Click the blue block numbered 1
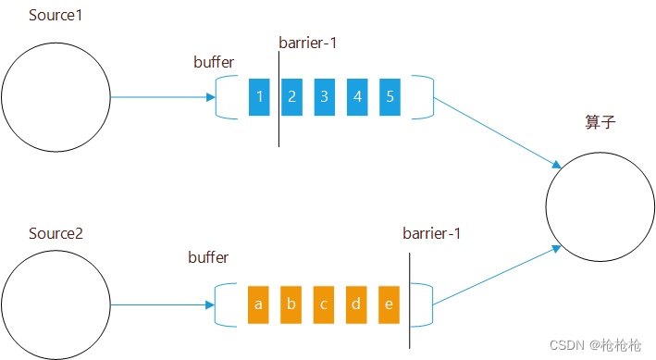click(259, 97)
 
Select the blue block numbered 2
click(291, 97)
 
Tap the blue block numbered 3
click(324, 97)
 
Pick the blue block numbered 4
click(356, 97)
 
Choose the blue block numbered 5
click(390, 97)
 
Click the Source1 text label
click(56, 17)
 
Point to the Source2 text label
click(56, 233)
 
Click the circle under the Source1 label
click(56, 97)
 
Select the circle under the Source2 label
click(56, 304)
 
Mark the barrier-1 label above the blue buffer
click(310, 43)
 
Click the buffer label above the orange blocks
click(208, 256)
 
